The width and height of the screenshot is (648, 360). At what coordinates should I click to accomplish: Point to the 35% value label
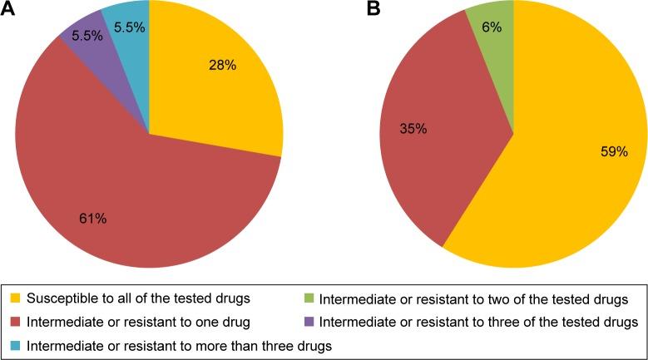pos(413,129)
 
